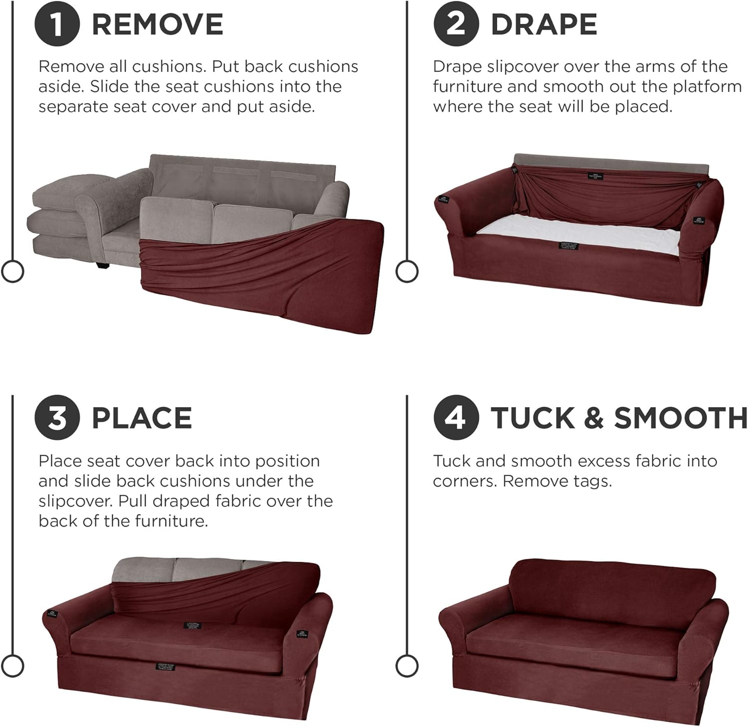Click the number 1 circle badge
pos(57,24)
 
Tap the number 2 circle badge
pos(456,24)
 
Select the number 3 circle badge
pos(57,418)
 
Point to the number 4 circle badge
pos(456,418)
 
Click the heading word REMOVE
pos(157,24)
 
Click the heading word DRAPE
pos(544,24)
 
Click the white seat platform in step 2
pos(573,232)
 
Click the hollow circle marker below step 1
pos(12,271)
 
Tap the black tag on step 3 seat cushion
pos(192,625)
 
